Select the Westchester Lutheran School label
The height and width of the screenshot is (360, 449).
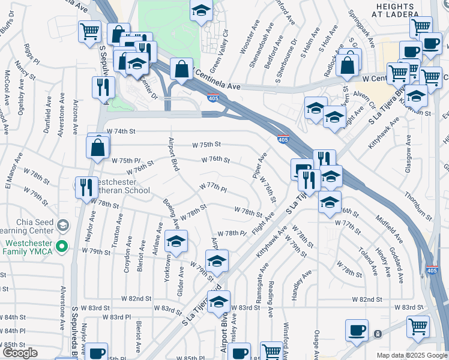119,186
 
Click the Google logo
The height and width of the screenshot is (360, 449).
19,352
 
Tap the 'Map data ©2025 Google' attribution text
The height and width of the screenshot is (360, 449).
411,355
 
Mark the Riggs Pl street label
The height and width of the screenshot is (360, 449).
31,54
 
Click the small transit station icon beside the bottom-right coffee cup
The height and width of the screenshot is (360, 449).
378,334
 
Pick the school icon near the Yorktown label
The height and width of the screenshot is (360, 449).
176,242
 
